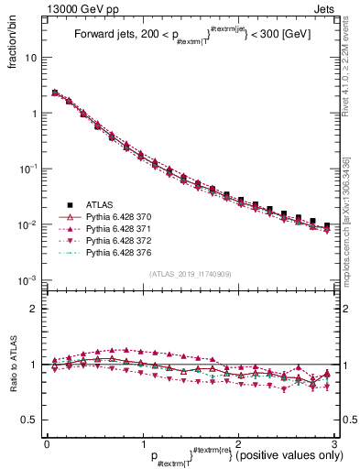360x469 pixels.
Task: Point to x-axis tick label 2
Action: point(238,442)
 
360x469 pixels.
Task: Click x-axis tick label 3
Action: point(336,442)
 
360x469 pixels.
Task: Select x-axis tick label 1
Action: point(142,442)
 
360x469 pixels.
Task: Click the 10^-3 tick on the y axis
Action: point(27,280)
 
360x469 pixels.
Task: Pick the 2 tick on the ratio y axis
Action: point(34,309)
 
